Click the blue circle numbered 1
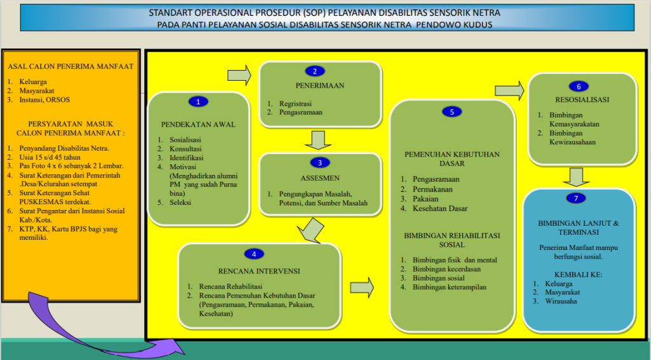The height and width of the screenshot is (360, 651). [x=198, y=101]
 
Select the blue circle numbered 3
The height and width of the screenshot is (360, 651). [x=320, y=162]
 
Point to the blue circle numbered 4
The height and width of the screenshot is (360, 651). [x=254, y=254]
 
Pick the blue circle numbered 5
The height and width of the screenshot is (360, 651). [x=451, y=112]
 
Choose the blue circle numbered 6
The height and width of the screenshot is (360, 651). [x=578, y=86]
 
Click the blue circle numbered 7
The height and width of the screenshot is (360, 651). [x=576, y=198]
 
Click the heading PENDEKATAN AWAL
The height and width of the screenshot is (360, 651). [x=198, y=124]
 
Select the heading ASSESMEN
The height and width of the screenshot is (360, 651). [x=320, y=177]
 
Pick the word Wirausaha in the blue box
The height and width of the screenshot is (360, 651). [x=561, y=301]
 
